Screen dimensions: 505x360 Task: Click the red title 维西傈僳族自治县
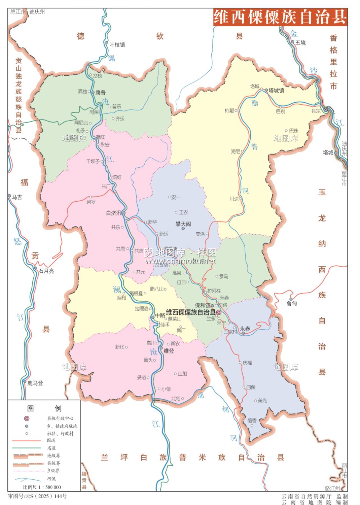(x=280, y=17)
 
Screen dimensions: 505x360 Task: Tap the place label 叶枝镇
(x=117, y=45)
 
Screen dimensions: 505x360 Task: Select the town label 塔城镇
(x=276, y=91)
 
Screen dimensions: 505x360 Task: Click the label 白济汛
(x=113, y=213)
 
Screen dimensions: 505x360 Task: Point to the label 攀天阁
(x=183, y=224)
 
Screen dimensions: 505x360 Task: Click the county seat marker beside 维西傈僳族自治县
(x=219, y=312)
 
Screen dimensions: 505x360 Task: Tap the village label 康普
(x=100, y=93)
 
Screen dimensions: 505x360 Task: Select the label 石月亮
(x=46, y=271)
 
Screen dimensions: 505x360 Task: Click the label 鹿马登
(x=35, y=383)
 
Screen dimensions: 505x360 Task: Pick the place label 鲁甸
(x=292, y=304)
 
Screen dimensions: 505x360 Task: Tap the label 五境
(x=300, y=43)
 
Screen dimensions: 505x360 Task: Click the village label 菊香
(x=252, y=420)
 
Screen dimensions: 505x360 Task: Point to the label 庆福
(x=247, y=363)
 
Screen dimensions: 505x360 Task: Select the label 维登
(x=169, y=351)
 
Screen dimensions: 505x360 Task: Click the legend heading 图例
(x=44, y=408)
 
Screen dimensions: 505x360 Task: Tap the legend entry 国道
(x=51, y=440)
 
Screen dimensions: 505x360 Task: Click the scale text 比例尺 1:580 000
(x=42, y=487)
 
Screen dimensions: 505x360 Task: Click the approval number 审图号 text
(x=37, y=496)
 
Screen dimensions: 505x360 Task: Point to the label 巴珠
(x=293, y=131)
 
